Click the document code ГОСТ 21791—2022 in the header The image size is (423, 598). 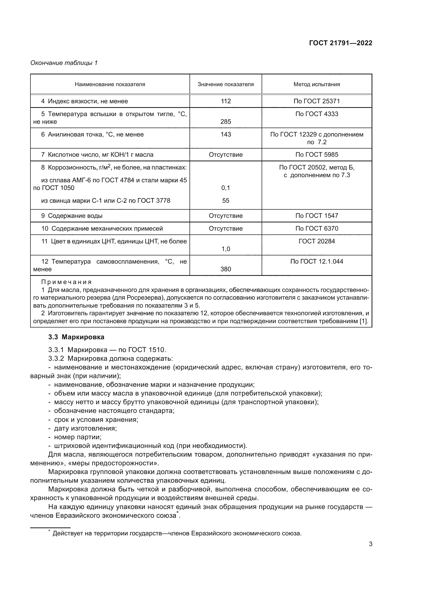[340, 43]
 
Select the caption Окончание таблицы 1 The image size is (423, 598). [64, 63]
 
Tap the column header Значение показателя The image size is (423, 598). [226, 84]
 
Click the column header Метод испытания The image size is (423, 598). [317, 84]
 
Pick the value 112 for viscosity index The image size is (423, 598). [226, 101]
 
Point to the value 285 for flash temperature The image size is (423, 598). [226, 122]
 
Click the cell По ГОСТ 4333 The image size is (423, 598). [317, 114]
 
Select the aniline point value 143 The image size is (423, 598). [226, 134]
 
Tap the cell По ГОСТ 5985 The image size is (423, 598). [317, 155]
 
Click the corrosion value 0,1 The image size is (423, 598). [226, 188]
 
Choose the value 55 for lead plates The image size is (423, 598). [226, 200]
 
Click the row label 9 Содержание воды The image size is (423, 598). [72, 216]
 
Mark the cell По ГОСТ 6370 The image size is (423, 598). [317, 228]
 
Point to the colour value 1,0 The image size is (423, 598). [226, 249]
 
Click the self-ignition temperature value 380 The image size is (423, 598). [226, 269]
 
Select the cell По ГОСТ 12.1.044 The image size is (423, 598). [317, 262]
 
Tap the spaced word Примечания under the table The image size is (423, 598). [66, 282]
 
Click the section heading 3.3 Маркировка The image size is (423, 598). [76, 337]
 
